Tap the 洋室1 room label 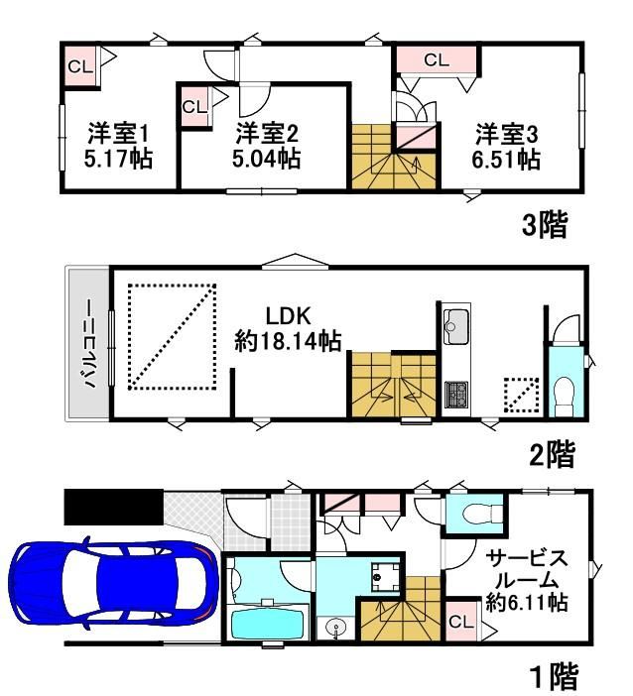[x=118, y=133]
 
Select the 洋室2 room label [x=267, y=133]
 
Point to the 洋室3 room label [x=507, y=134]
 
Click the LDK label [x=288, y=316]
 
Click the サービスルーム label [x=527, y=569]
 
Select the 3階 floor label [x=545, y=225]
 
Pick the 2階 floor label [x=553, y=454]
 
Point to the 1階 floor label [x=555, y=676]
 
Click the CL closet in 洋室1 [x=80, y=66]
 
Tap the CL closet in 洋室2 [x=194, y=107]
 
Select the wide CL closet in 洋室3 [x=437, y=59]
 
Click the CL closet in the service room [x=461, y=622]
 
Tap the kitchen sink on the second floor [x=455, y=326]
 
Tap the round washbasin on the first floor [x=335, y=629]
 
